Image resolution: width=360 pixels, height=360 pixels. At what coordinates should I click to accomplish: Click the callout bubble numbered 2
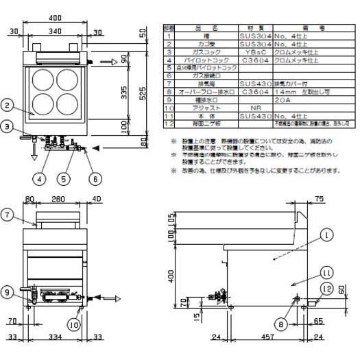click(x=6, y=105)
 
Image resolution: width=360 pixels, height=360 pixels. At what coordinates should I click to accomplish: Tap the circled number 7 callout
click(x=6, y=215)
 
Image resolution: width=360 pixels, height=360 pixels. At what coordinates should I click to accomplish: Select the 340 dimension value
click(x=58, y=30)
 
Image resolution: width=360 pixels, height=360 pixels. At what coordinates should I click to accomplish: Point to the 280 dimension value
click(x=58, y=200)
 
